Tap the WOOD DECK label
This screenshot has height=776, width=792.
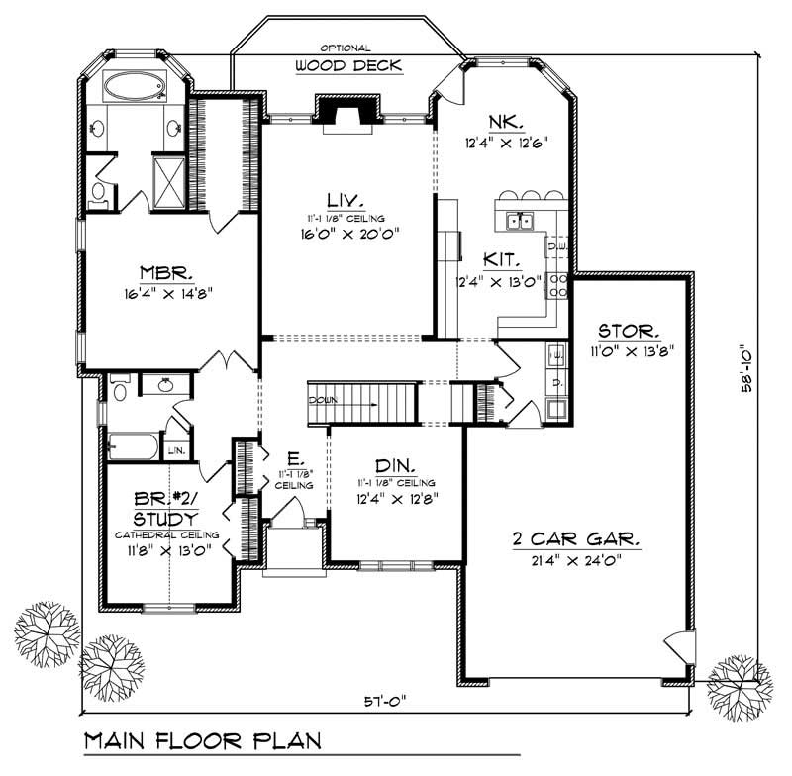click(x=346, y=66)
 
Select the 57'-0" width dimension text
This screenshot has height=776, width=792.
click(x=385, y=701)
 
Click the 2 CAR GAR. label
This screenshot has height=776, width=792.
click(x=576, y=539)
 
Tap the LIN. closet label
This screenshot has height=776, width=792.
click(x=177, y=449)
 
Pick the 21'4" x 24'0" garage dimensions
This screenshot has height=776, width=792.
click(x=575, y=561)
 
